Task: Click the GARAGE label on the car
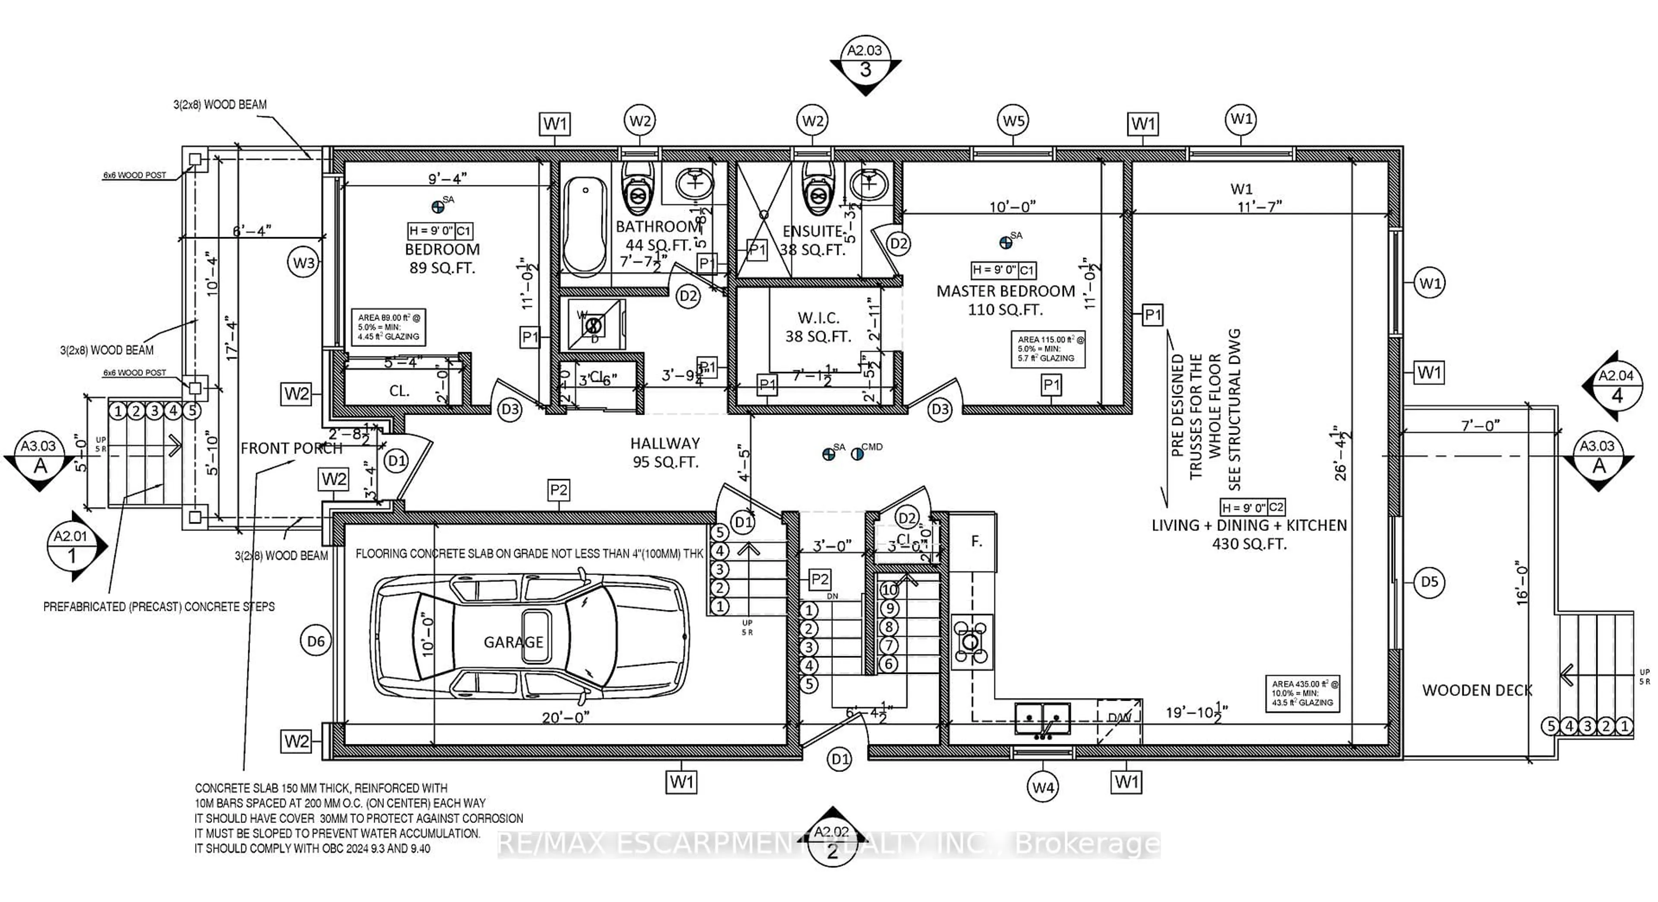[x=513, y=642]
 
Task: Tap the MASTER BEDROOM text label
[x=1005, y=291]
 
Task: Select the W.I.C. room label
[x=818, y=318]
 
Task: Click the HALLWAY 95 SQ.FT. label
[x=665, y=452]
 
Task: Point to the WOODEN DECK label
[x=1477, y=690]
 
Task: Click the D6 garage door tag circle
[x=315, y=641]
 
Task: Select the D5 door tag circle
[x=1429, y=582]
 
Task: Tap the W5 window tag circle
[x=1014, y=121]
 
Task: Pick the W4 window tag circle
[x=1043, y=787]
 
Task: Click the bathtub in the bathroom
[x=585, y=225]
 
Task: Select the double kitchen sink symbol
[x=1043, y=718]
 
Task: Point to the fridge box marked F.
[x=975, y=542]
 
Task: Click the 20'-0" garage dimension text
[x=565, y=717]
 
